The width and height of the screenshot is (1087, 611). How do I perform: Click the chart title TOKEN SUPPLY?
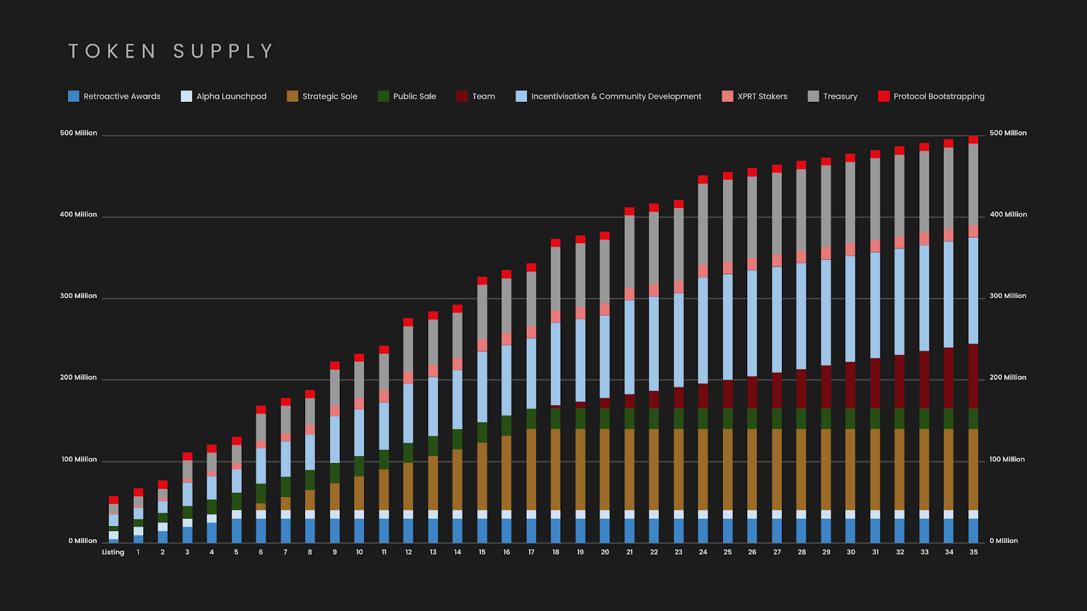[x=171, y=52]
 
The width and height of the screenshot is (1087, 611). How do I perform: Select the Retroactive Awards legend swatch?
[x=73, y=96]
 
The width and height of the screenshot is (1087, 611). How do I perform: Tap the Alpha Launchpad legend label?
[x=231, y=96]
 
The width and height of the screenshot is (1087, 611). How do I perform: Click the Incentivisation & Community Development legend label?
[x=616, y=96]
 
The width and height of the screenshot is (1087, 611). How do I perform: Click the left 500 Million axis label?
[x=78, y=133]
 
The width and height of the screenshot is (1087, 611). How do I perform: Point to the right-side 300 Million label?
[x=1008, y=296]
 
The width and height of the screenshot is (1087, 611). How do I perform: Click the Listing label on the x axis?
[x=113, y=552]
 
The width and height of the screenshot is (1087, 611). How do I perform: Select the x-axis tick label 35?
[x=974, y=552]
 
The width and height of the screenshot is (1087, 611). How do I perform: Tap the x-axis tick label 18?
[x=556, y=552]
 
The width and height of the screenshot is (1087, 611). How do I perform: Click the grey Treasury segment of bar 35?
[x=974, y=183]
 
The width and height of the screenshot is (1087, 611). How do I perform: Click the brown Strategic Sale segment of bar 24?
[x=702, y=469]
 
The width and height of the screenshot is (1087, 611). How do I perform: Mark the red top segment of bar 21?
[x=629, y=211]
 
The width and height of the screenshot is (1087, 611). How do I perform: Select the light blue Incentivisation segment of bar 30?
[x=851, y=308]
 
